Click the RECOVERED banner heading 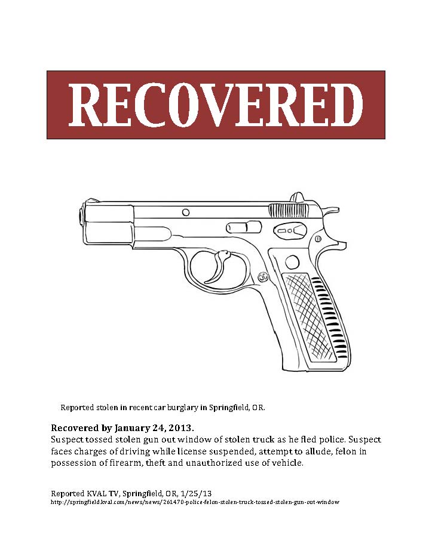[x=216, y=105]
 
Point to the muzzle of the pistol [x=81, y=216]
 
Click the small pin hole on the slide [x=186, y=212]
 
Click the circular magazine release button [x=292, y=261]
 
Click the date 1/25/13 [x=198, y=493]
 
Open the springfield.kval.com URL [x=195, y=502]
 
